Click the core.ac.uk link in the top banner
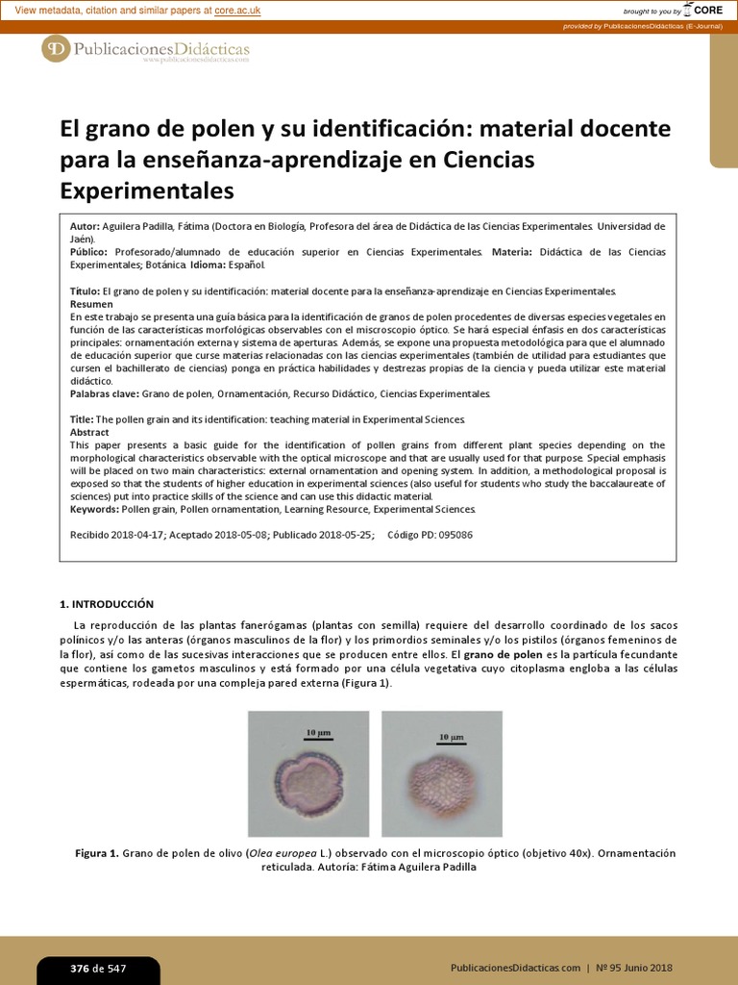[237, 11]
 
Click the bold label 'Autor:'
[86, 226]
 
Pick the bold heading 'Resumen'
[92, 303]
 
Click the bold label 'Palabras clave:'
[105, 393]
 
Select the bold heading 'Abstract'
[90, 432]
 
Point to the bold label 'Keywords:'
[94, 509]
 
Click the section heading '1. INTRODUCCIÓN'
[107, 604]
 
